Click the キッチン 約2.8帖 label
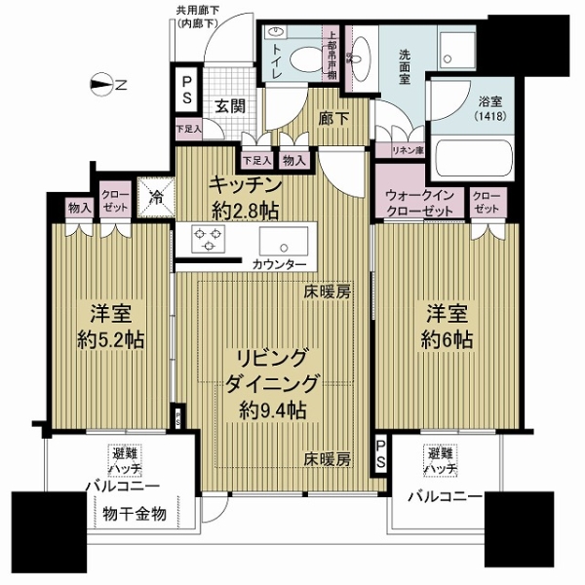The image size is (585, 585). click(248, 194)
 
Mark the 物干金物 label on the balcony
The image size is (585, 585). click(133, 513)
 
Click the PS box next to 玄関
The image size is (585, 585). click(184, 90)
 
